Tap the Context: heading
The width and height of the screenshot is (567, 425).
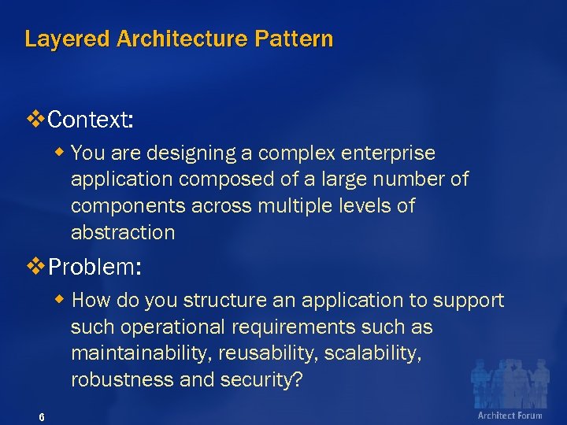90,120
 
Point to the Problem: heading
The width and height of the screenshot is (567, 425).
94,267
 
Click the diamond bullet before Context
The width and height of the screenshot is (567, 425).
35,120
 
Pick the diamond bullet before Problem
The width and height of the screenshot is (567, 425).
35,266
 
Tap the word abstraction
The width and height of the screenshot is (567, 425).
123,233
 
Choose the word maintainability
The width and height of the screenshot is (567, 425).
137,353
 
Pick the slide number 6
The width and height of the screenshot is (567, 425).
42,416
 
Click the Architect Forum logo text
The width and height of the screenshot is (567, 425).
510,415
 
